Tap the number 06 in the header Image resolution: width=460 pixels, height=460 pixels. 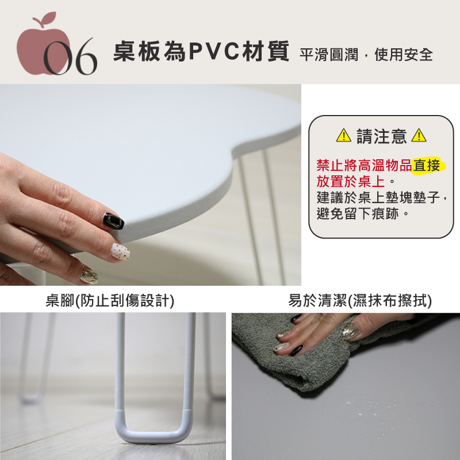click(70, 56)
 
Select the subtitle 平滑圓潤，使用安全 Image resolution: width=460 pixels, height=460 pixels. click(366, 55)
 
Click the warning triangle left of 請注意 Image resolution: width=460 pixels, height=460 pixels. click(343, 136)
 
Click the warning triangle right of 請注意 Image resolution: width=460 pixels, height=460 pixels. click(419, 136)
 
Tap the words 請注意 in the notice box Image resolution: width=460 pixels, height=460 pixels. click(381, 136)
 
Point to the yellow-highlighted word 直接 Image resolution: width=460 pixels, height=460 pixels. click(426, 165)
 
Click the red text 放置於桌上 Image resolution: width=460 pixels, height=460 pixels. click(351, 181)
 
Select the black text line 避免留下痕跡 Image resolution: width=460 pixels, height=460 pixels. click(358, 213)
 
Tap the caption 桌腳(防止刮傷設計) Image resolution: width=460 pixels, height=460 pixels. click(110, 300)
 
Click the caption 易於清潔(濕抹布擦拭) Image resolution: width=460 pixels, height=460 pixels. click(360, 300)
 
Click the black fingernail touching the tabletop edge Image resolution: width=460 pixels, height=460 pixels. click(113, 221)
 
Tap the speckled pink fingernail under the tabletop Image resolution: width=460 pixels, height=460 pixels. click(120, 251)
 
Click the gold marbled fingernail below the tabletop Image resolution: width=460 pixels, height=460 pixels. click(89, 276)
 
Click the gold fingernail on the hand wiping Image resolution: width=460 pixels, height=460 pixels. click(351, 332)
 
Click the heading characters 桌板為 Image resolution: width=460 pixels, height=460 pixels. click(149, 51)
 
